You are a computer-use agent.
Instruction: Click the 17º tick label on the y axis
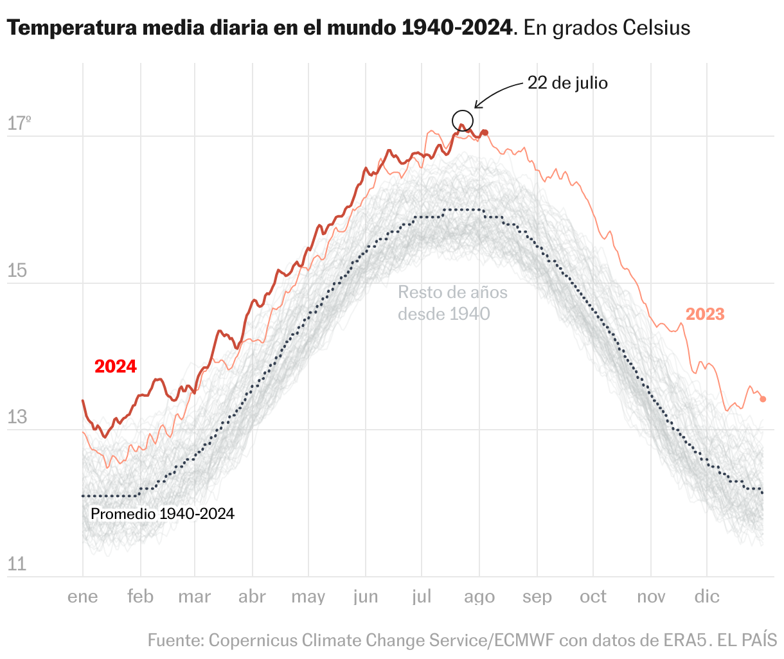coord(19,123)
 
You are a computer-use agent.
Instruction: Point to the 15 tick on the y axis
coord(17,271)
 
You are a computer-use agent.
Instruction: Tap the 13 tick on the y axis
coord(17,417)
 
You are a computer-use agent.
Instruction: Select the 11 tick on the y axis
coord(17,565)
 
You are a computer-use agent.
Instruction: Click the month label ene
coord(83,597)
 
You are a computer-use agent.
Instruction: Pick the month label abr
coord(252,597)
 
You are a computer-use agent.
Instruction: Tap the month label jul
coord(422,597)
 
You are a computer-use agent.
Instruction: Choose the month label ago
coord(479,597)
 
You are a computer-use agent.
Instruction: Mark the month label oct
coord(592,597)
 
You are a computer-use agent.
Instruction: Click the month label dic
coord(707,597)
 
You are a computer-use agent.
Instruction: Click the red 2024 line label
coord(116,366)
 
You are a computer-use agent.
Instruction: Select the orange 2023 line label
coord(705,314)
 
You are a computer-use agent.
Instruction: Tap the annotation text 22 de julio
coord(567,83)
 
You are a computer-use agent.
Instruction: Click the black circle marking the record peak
coord(463,121)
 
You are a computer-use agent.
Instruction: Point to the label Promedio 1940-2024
coord(163,514)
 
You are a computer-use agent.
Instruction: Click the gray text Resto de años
coord(452,293)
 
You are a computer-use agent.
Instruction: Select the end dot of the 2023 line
coord(763,399)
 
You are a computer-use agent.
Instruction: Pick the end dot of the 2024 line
coord(485,132)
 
